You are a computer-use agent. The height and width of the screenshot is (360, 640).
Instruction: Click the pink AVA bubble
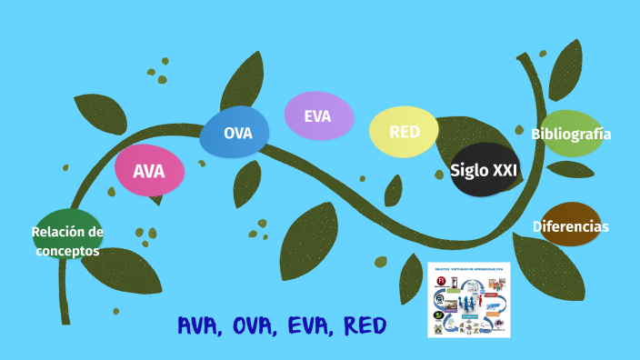tap(149, 171)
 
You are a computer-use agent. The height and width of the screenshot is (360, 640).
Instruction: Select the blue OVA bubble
tap(235, 133)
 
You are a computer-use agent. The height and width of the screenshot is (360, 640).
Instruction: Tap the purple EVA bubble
tap(318, 116)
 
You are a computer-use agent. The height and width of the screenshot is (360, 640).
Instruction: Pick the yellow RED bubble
tap(405, 132)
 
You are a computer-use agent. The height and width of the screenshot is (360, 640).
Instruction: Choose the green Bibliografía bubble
tap(572, 134)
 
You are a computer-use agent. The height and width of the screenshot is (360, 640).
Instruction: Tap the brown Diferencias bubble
tap(571, 226)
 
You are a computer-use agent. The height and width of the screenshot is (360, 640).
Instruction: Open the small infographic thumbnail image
tap(468, 300)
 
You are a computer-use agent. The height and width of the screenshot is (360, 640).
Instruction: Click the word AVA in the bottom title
tap(198, 325)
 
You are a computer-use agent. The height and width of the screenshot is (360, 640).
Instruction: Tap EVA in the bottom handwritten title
tap(306, 325)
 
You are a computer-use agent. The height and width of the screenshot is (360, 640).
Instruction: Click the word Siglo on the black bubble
tap(469, 170)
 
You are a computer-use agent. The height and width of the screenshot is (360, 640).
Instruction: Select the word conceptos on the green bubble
tap(67, 251)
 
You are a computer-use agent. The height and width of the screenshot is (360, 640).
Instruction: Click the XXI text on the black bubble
tap(505, 170)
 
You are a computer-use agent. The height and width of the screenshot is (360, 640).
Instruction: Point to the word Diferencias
tap(571, 226)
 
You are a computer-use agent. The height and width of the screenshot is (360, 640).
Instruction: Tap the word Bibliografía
tap(571, 135)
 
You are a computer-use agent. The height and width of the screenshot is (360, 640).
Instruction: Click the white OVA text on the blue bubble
tap(237, 134)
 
